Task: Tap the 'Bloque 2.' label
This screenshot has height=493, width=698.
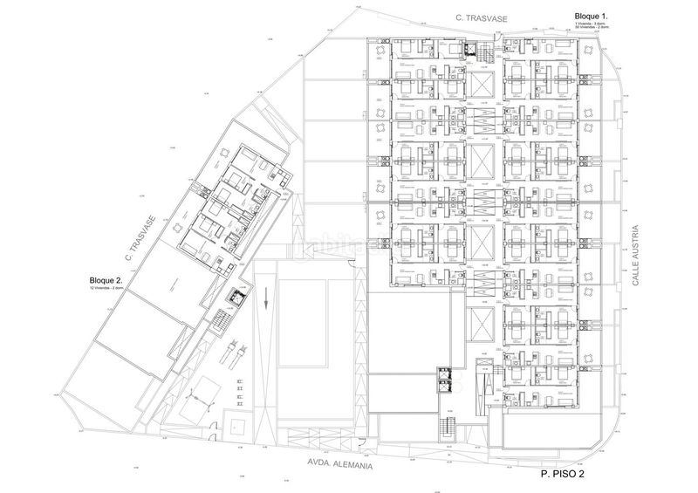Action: point(110,281)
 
